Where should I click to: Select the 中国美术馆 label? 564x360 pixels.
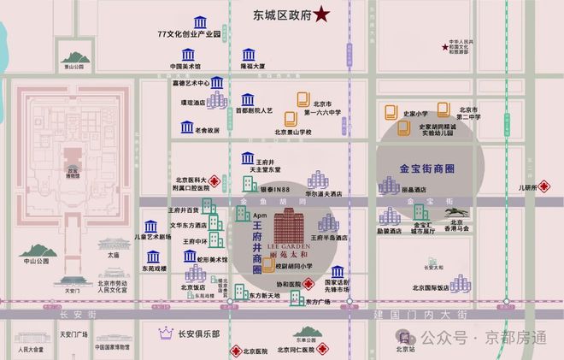[185, 65]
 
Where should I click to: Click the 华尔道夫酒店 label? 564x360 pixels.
[324, 193]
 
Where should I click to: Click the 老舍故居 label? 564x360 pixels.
[207, 130]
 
